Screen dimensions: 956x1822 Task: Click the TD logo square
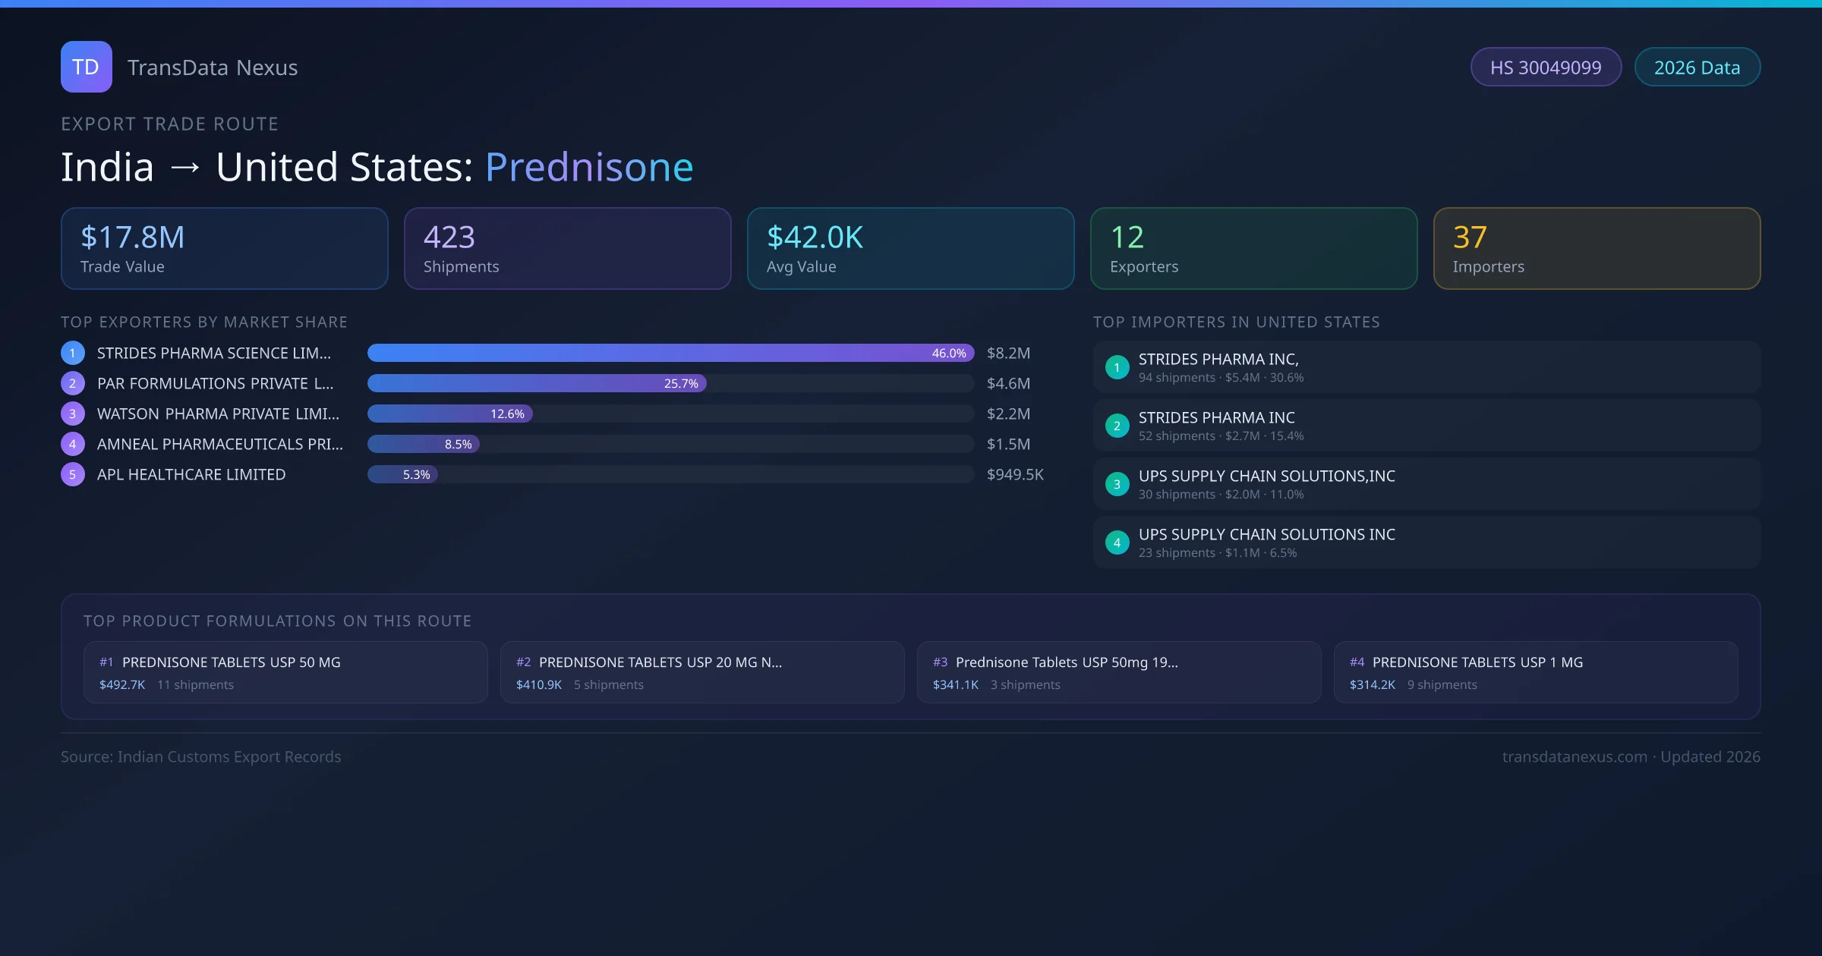(86, 67)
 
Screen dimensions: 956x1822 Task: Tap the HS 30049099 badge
(1545, 68)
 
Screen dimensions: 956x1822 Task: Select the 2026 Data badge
(1697, 68)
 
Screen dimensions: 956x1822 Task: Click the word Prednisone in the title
(588, 167)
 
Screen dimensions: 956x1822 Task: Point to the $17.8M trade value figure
(132, 237)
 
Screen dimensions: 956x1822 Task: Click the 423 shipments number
(449, 237)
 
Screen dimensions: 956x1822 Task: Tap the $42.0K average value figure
(815, 237)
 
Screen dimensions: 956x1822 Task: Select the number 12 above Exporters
(1127, 237)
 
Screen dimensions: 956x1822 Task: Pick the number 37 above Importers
(1470, 237)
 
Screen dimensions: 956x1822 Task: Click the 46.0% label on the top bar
(948, 353)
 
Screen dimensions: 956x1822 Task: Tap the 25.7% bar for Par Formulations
(537, 383)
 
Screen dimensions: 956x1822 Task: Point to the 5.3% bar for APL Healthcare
(403, 474)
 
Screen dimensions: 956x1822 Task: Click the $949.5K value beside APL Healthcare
(1015, 474)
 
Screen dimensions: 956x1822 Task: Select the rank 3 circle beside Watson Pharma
(73, 414)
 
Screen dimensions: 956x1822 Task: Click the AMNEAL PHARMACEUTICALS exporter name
(219, 444)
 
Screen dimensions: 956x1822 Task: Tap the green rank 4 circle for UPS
(1117, 542)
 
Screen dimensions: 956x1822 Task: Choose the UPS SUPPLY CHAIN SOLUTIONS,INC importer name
(1266, 476)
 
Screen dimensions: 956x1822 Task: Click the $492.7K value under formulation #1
(122, 684)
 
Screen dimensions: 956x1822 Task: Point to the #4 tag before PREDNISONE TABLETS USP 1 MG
(1357, 662)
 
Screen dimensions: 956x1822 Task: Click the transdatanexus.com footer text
(1575, 756)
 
